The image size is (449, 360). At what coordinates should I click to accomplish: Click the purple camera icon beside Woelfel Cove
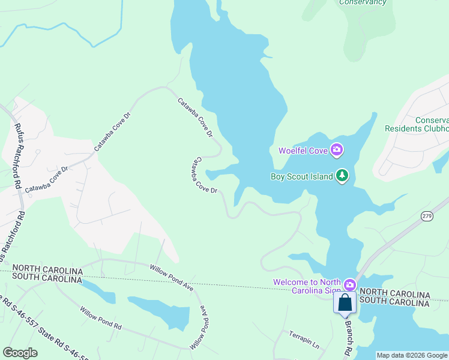point(337,150)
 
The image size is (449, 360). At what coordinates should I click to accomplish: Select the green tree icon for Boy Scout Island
point(342,176)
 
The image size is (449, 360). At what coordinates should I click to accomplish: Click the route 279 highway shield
point(427,216)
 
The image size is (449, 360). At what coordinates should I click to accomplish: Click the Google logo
point(20,353)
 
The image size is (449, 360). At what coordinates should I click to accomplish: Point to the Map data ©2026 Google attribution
point(411,355)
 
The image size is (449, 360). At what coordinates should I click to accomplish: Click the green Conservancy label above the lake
point(363,2)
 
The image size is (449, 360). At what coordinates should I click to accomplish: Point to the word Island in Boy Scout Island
point(320,176)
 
